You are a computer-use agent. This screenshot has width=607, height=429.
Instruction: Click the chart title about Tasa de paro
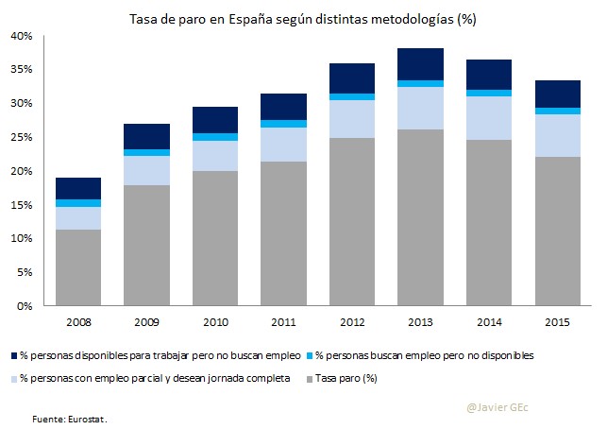pos(302,18)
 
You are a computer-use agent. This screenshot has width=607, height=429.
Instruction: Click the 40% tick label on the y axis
pos(21,36)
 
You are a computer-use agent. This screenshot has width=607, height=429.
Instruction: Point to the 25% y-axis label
pos(21,137)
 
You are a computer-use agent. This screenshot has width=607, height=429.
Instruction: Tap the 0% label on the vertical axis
pos(25,306)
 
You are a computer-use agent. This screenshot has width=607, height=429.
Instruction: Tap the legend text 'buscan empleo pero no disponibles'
pos(430,356)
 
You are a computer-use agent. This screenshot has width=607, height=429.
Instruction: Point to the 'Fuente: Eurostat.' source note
pos(71,416)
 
